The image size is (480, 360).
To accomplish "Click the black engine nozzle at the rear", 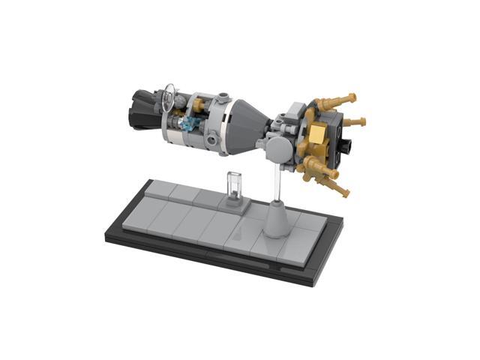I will (x=142, y=104).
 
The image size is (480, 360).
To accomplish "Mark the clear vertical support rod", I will (x=278, y=184).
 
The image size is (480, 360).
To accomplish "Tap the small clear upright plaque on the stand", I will (x=232, y=184).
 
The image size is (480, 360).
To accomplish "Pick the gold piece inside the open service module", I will (x=181, y=118).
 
